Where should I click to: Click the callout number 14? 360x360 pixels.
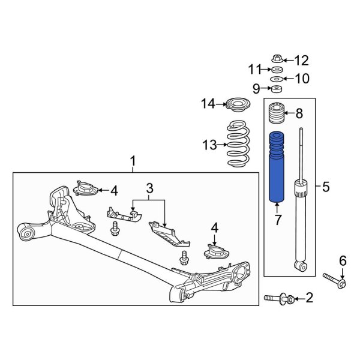tap(208, 104)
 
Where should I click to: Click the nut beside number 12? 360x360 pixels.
tap(277, 61)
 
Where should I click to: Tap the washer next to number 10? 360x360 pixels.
tap(277, 79)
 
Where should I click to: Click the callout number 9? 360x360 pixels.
tap(256, 89)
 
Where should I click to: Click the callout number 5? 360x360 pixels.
tap(326, 187)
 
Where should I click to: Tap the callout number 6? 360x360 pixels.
tap(343, 260)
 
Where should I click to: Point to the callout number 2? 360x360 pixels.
tap(310, 297)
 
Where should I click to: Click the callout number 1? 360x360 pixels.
tap(133, 161)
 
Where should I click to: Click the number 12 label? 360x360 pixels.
tap(301, 60)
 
